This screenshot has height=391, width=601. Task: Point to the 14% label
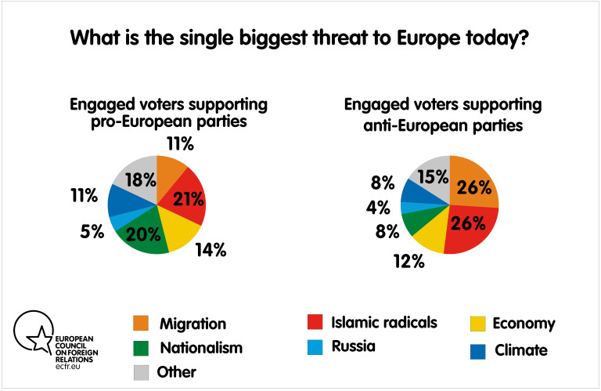211,250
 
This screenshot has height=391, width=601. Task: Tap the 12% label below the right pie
408,262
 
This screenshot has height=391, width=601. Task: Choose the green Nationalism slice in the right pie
416,223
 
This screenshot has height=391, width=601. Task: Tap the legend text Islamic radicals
385,322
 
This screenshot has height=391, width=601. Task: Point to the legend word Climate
521,350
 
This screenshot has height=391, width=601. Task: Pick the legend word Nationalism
201,347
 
